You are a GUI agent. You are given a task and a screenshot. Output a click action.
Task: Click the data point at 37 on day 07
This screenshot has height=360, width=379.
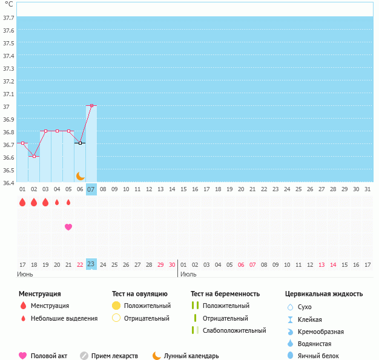91,106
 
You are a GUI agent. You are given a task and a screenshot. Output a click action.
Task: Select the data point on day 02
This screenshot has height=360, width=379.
34,157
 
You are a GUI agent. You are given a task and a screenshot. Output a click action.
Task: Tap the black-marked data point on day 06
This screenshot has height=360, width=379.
80,143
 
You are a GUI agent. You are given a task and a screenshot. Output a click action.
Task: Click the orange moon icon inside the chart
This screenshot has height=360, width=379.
81,175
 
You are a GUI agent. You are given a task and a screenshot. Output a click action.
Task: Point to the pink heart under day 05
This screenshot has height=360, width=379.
68,227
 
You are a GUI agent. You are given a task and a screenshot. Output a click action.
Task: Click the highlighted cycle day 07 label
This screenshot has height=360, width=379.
91,189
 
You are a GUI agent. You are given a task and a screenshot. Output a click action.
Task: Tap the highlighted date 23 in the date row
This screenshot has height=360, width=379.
91,264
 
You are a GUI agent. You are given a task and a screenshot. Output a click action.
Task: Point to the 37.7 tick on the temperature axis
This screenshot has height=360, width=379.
8,18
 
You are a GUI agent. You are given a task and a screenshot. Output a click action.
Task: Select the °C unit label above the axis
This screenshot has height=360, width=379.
8,4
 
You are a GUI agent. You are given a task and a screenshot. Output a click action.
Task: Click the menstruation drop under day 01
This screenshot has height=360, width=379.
22,202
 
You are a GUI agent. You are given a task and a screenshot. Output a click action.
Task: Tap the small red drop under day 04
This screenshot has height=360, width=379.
57,202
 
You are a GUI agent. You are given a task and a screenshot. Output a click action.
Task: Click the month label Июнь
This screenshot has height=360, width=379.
25,274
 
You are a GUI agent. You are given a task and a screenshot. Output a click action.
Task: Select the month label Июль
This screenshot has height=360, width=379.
188,274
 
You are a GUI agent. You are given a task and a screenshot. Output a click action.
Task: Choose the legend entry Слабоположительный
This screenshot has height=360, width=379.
234,330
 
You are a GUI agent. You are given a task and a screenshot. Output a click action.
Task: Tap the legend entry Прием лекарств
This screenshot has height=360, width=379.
114,356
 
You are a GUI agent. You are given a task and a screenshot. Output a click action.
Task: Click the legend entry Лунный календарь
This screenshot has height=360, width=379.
192,356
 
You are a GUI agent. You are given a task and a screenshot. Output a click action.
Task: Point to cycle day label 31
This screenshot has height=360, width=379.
367,189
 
